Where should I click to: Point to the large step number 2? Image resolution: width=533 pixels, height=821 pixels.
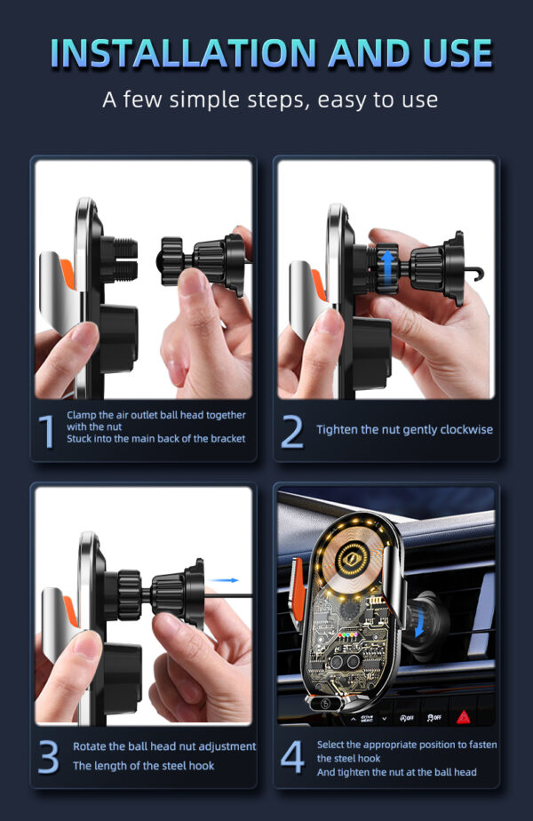pyautogui.click(x=292, y=431)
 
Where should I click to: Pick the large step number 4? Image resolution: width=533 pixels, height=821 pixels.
pyautogui.click(x=292, y=756)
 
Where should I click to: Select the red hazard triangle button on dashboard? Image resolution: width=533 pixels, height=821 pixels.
pyautogui.click(x=463, y=716)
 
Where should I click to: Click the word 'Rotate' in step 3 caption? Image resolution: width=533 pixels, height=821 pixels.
pyautogui.click(x=92, y=746)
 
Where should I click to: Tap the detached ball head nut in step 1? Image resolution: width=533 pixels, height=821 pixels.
pyautogui.click(x=200, y=262)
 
